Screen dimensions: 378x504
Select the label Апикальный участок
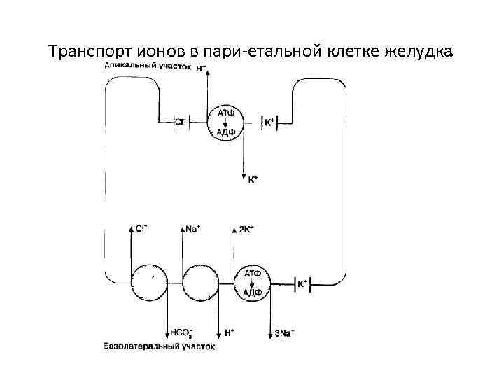147,66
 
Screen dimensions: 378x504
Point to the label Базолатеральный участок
159,346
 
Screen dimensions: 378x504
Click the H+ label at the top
201,68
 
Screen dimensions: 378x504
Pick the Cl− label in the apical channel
180,122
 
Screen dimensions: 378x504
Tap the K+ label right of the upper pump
269,122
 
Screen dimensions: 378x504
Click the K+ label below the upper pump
253,180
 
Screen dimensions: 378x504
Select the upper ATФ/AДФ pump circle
225,123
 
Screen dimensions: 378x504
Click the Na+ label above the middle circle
193,229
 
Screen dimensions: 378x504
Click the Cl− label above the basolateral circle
141,229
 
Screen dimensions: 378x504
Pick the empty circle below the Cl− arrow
151,283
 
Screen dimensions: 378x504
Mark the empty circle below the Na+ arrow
201,283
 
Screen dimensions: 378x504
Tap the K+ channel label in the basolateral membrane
302,283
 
